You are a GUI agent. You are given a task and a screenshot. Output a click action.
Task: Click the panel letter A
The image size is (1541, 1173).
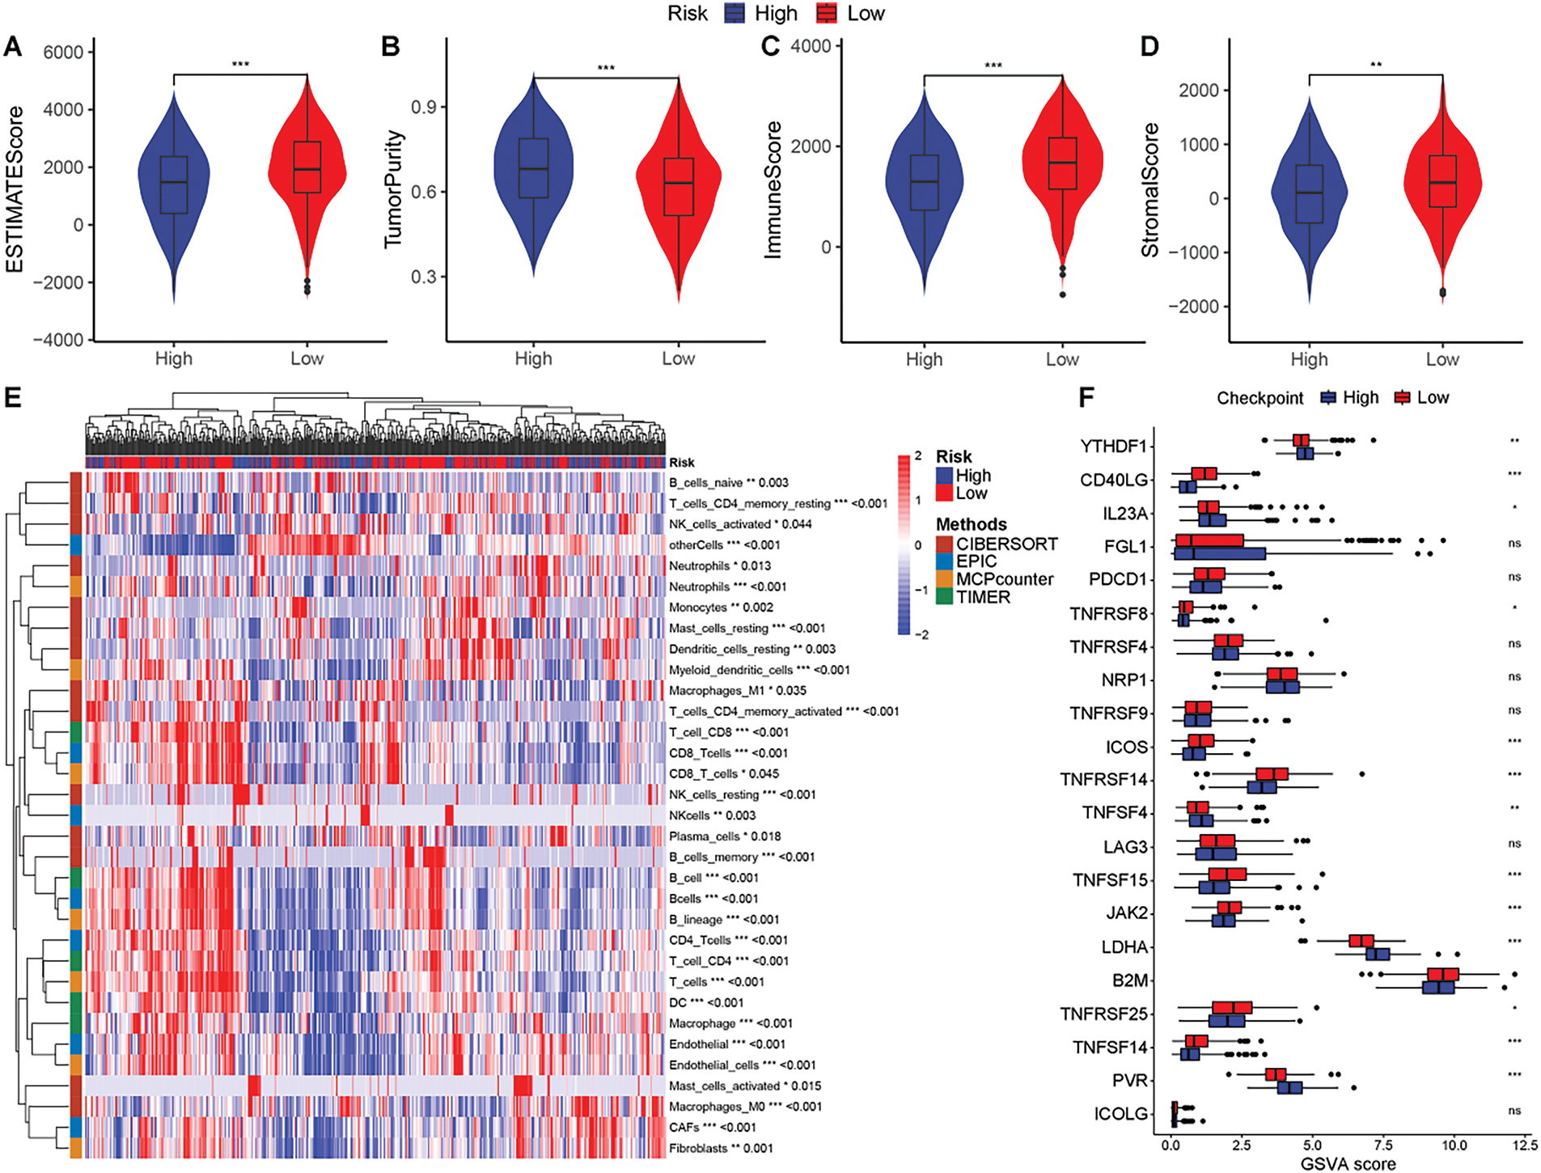tap(12, 46)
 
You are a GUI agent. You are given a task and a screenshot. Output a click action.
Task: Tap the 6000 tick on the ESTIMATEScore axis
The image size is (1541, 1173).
tap(63, 53)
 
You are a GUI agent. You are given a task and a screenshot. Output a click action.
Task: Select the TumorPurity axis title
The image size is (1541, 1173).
tap(393, 188)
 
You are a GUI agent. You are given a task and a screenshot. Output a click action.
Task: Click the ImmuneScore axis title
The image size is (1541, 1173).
tap(773, 190)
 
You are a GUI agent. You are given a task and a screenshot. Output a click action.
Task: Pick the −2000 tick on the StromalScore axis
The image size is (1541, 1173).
tap(1192, 307)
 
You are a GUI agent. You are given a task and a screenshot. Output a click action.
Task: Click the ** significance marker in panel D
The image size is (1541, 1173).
tap(1375, 66)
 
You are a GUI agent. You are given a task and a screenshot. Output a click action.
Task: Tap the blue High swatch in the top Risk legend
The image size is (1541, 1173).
tap(735, 14)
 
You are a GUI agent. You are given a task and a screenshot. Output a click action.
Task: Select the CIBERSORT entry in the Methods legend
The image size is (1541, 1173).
tap(1006, 544)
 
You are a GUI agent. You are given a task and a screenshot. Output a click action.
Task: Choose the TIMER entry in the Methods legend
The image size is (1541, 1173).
tap(983, 597)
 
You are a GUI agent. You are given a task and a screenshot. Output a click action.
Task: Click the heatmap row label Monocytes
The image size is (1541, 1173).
tap(697, 608)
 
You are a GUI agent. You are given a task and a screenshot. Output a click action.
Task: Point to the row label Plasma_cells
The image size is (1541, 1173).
tap(704, 836)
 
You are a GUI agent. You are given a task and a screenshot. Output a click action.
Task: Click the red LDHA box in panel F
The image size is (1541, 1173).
tap(1361, 941)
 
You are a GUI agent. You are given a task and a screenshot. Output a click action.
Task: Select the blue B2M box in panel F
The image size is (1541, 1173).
tap(1438, 987)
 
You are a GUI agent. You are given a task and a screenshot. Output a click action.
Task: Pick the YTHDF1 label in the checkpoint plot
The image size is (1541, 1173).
tap(1113, 447)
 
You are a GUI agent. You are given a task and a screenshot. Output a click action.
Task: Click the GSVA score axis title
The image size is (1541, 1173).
tap(1348, 1164)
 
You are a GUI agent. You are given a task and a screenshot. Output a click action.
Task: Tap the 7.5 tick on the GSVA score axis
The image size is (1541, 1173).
tap(1383, 1145)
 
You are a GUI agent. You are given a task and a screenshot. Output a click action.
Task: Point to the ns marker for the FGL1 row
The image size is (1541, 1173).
tap(1514, 544)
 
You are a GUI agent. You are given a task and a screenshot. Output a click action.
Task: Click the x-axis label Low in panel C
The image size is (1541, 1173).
tap(1062, 359)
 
